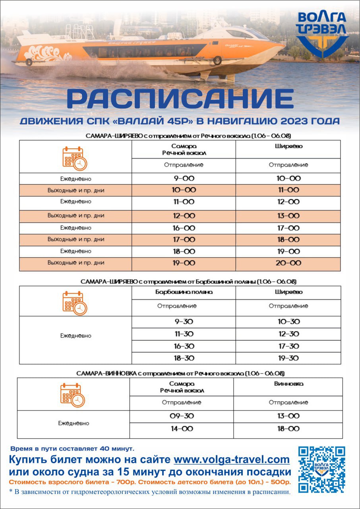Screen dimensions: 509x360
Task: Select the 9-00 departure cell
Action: (183, 179)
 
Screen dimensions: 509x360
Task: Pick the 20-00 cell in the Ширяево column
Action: (288, 263)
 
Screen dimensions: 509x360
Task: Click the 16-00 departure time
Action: (183, 228)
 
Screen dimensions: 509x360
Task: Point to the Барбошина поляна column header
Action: (183, 292)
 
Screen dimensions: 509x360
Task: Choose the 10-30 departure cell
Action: (288, 321)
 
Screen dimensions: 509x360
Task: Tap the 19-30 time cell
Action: (288, 358)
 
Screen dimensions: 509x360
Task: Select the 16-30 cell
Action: (183, 346)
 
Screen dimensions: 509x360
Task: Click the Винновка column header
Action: (288, 384)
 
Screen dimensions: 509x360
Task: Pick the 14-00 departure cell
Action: (181, 429)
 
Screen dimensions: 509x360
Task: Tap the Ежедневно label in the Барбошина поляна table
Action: (75, 336)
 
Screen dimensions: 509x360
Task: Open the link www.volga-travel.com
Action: (232, 460)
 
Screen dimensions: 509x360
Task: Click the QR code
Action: (321, 469)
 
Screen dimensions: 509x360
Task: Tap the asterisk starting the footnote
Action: (11, 492)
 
